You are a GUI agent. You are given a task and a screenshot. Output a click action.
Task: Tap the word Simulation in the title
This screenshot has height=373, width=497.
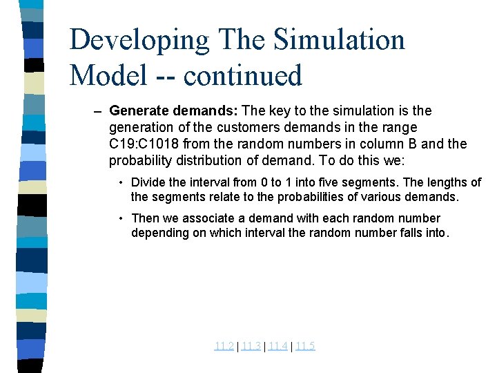(339, 40)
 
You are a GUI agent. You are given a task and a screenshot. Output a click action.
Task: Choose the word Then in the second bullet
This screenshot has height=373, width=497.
(144, 218)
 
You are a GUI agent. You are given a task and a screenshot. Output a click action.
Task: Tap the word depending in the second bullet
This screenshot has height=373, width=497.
(159, 233)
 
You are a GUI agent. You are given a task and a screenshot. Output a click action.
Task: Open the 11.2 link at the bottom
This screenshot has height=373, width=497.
(224, 346)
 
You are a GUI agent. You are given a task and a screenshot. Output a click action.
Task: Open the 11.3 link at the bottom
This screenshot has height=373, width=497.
(251, 346)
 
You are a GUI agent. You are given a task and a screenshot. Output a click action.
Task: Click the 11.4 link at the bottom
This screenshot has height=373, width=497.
(277, 346)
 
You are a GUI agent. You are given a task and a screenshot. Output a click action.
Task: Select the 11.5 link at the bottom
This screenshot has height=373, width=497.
(304, 346)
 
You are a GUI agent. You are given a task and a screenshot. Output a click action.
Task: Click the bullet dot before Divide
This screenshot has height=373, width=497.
(120, 182)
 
